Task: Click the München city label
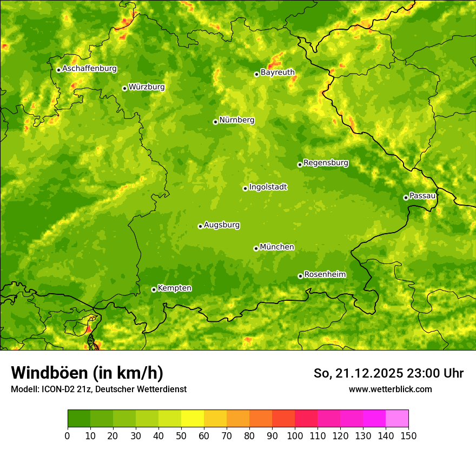[x=277, y=247]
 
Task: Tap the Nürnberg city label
[x=236, y=120]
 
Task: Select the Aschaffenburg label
[x=89, y=69]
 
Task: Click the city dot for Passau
[x=406, y=197]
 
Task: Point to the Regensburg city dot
[x=300, y=164]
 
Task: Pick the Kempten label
[x=174, y=288]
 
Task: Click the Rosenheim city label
[x=325, y=275]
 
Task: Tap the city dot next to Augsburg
[x=200, y=226]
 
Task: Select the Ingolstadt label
[x=268, y=187]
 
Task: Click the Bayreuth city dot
[x=257, y=74]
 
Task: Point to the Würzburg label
[x=147, y=87]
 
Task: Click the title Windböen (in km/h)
[x=87, y=373]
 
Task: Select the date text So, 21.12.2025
[x=358, y=373]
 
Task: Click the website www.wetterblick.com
[x=390, y=389]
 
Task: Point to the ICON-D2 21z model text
[x=64, y=389]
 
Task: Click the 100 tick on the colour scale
[x=295, y=436]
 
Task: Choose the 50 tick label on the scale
[x=181, y=436]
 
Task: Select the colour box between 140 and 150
[x=397, y=419]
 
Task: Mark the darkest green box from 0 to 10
[x=79, y=419]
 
